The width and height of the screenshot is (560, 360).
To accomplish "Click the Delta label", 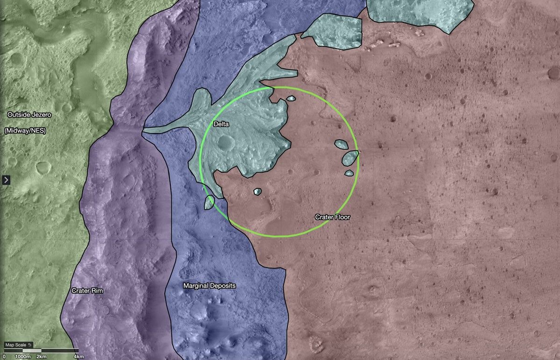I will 221,124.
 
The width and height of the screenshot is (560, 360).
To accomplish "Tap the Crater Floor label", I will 332,217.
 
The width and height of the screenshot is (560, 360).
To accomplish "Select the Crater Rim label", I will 87,290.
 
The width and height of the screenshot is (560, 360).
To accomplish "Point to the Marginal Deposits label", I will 209,286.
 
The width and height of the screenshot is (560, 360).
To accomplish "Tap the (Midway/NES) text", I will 25,131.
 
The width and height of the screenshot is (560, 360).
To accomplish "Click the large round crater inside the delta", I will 225,141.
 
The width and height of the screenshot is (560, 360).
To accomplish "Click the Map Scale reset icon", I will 29,345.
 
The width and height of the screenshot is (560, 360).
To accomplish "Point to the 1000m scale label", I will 22,357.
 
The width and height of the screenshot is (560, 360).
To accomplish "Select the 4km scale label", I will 78,357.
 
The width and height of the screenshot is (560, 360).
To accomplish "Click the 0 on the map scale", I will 4,357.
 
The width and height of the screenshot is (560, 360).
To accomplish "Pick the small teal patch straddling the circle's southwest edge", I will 209,203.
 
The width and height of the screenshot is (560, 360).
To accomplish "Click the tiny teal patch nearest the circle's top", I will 291,99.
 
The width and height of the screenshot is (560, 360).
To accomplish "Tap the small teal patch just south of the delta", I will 257,191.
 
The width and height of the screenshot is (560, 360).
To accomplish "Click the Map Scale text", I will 15,345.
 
